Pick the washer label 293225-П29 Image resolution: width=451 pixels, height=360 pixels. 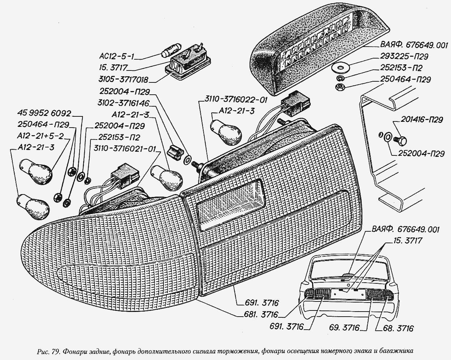(x=403, y=57)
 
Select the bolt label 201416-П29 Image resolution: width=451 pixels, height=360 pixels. (x=422, y=120)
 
